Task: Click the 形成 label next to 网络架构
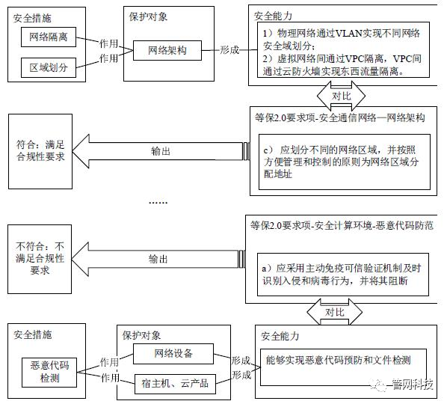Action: click(x=230, y=50)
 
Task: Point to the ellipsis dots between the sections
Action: click(x=158, y=203)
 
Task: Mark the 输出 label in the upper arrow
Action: click(x=159, y=150)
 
